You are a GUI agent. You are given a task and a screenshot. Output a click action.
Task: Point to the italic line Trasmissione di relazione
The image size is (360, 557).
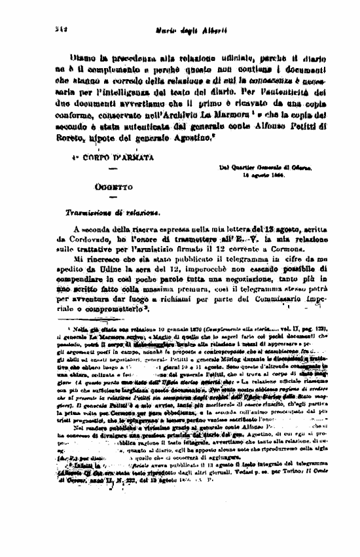pos(112,213)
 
